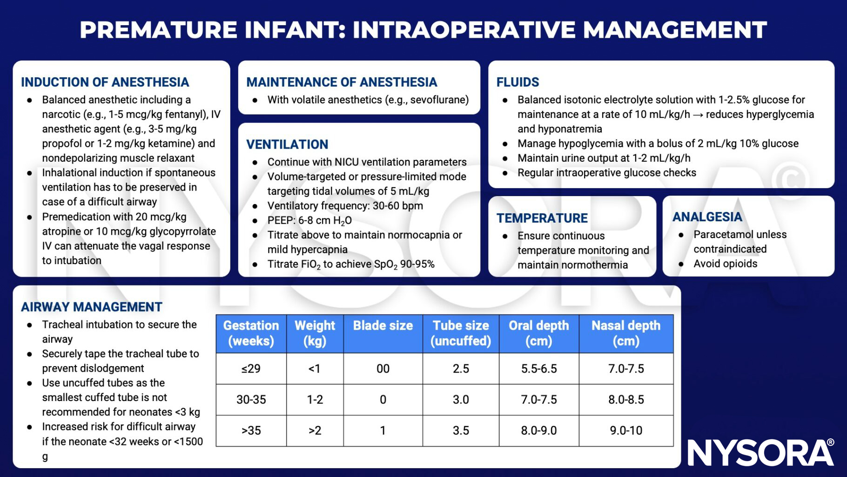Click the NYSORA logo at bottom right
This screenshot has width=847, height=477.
click(x=760, y=452)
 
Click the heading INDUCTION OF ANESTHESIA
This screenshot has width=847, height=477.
click(x=105, y=82)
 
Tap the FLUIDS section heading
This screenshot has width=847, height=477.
click(x=518, y=82)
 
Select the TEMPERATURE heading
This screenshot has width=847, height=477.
click(x=542, y=218)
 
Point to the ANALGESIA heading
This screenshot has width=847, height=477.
click(x=707, y=217)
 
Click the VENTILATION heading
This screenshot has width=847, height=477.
click(x=287, y=144)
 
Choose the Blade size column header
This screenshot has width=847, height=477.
click(x=383, y=326)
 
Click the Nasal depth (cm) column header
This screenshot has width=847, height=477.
click(x=625, y=333)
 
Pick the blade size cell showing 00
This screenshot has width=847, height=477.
click(x=383, y=368)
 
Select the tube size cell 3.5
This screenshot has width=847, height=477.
click(x=461, y=430)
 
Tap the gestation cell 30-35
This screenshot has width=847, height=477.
click(x=251, y=400)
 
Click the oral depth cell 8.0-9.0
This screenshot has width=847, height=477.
click(x=538, y=430)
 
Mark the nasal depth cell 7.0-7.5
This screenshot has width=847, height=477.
click(x=625, y=368)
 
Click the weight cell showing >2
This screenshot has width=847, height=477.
click(x=315, y=430)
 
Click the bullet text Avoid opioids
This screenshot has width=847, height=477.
click(x=725, y=264)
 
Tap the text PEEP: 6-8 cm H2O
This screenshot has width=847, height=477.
click(x=309, y=220)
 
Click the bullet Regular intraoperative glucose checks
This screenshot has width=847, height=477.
click(x=606, y=173)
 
